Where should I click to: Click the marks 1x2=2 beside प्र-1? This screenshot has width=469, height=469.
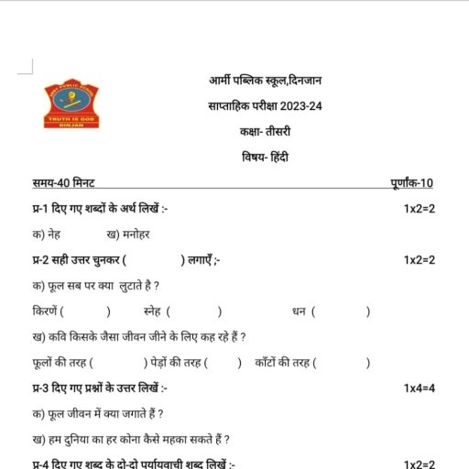click(x=419, y=210)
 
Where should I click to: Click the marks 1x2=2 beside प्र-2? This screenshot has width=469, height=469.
click(x=419, y=261)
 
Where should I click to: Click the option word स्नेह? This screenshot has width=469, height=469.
click(x=154, y=311)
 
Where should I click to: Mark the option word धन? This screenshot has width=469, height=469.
click(x=299, y=311)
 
